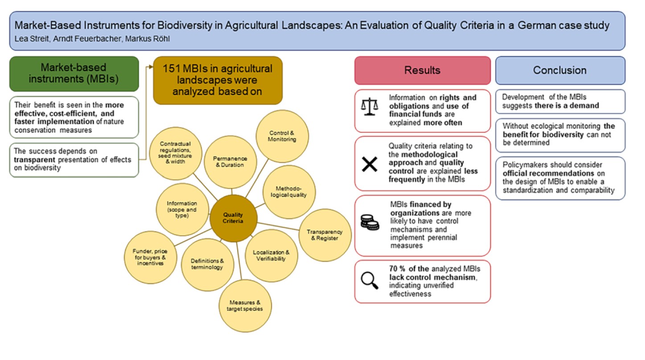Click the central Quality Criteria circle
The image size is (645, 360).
point(233,218)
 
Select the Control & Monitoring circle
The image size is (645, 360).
point(282,136)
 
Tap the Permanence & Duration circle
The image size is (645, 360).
point(230,162)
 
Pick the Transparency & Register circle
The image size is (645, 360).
point(325,235)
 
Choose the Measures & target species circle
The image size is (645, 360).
point(245,306)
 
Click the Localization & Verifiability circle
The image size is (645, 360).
point(271,256)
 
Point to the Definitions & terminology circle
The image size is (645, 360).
point(207,265)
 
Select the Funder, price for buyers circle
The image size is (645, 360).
point(150,257)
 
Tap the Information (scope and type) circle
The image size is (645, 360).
point(182,209)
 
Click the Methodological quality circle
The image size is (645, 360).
point(289,192)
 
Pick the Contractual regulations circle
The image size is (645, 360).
point(176,153)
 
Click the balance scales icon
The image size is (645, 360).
point(370,107)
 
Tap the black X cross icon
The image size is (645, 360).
point(370,164)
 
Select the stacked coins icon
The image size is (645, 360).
point(370,222)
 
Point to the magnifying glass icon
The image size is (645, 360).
point(370,280)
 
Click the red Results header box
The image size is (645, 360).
point(423,70)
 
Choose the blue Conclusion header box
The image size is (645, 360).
point(560,70)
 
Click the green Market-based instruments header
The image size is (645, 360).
point(74,74)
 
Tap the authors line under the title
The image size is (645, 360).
point(92,39)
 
